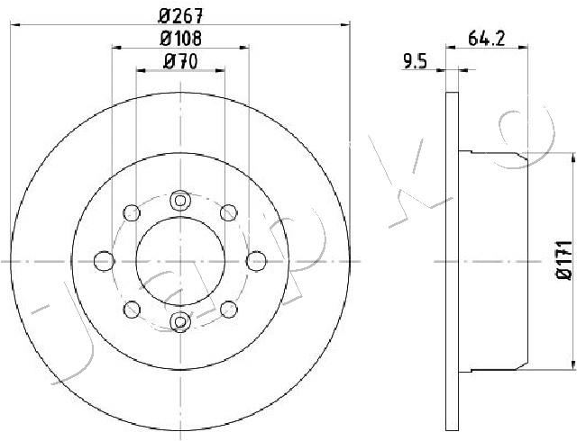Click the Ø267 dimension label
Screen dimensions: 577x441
(180, 16)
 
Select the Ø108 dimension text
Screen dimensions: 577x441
(180, 38)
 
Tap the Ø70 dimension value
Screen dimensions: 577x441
(180, 61)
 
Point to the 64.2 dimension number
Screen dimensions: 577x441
(487, 38)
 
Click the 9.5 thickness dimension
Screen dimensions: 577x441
(415, 61)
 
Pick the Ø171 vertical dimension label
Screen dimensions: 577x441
(564, 260)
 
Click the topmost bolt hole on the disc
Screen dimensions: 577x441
(180, 201)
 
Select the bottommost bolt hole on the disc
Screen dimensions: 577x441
(180, 322)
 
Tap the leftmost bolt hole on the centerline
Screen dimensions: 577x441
(105, 261)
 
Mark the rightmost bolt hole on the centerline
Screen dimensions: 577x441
(256, 261)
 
